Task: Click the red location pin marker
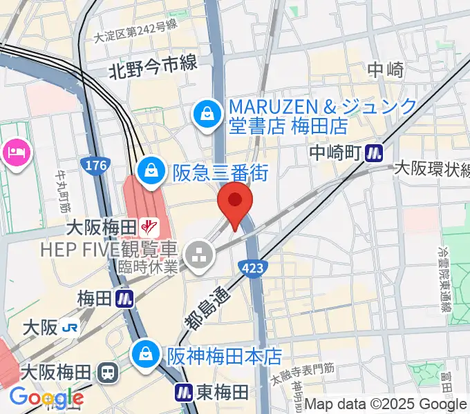pos(235,201)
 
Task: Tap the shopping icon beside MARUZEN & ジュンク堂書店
pos(206,114)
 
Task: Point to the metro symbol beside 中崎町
pos(375,151)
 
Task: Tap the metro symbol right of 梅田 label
pos(125,299)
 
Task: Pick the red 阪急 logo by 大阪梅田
pos(149,225)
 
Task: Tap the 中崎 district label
pos(385,70)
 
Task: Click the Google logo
pos(46,397)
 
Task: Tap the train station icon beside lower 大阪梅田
pos(107,373)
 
